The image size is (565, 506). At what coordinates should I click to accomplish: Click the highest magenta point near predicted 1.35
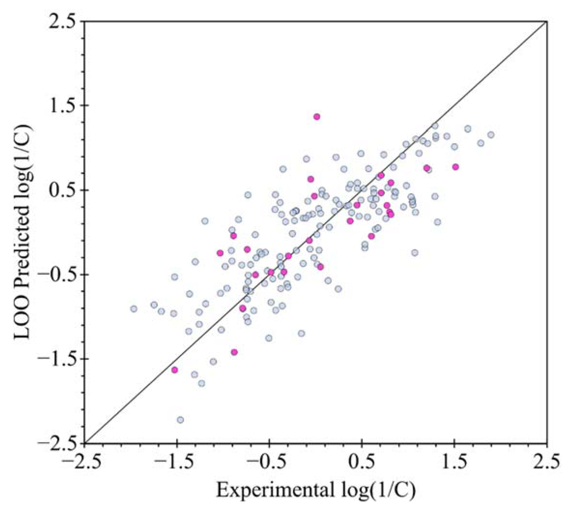316,116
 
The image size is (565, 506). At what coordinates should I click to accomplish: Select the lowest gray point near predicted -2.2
180,419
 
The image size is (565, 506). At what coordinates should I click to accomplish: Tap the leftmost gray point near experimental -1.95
134,308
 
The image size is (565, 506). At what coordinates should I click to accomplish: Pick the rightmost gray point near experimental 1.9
491,135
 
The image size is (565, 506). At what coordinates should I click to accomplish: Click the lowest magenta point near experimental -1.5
175,370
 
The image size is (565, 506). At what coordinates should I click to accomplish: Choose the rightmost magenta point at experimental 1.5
455,167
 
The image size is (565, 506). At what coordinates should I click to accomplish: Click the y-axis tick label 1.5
62,106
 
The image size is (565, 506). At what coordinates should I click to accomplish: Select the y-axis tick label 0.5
62,190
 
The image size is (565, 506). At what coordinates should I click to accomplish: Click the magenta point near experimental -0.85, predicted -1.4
234,352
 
